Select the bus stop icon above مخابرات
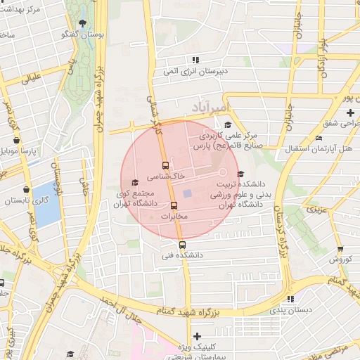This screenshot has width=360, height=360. click(174, 206)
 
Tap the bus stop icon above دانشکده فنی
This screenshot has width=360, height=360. click(183, 245)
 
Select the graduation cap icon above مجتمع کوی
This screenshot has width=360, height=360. click(135, 183)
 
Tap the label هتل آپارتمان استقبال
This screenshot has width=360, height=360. click(319, 149)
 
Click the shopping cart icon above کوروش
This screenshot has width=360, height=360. click(340, 248)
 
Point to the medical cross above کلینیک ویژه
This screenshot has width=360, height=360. click(197, 337)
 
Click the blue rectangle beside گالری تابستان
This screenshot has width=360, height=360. click(47, 203)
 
